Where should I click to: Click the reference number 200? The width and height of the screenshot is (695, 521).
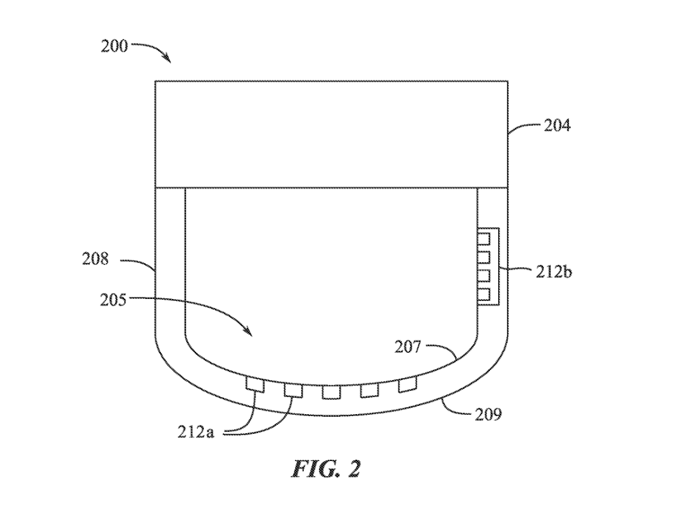coord(114,46)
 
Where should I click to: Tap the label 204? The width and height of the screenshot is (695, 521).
coord(557,126)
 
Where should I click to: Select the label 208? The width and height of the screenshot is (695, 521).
coord(95,259)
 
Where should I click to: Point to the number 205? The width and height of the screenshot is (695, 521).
coord(113,300)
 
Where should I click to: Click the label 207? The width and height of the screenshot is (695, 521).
coord(407,347)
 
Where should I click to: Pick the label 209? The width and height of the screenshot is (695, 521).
coord(489,415)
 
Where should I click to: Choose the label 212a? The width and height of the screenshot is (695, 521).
coord(196,432)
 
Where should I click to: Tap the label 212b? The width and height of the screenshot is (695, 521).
coord(553,272)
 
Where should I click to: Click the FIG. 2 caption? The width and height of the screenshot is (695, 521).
coord(326,469)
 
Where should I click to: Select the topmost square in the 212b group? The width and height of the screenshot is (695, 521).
coord(484,239)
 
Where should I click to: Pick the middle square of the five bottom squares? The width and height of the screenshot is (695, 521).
coord(330,392)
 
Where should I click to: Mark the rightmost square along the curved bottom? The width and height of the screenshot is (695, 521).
coord(407,385)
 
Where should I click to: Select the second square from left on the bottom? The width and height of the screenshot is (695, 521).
coord(293,390)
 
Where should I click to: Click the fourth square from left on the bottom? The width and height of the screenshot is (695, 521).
coord(369,390)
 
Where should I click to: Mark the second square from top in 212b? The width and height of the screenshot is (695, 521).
coord(484,257)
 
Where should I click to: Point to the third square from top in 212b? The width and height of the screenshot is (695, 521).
coord(484,276)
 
